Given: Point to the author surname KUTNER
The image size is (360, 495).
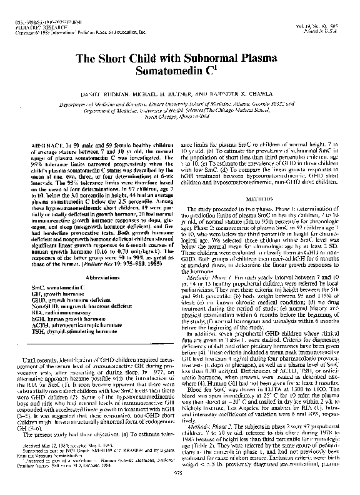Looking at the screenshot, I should click(x=191, y=93).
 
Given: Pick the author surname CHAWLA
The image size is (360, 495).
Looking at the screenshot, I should click(x=261, y=93).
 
